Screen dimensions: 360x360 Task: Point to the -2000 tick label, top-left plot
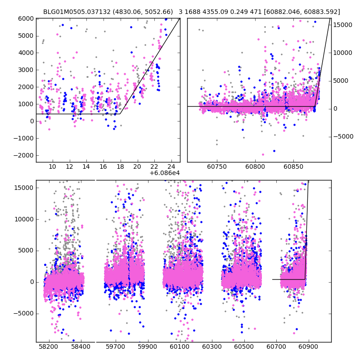(x=24, y=155)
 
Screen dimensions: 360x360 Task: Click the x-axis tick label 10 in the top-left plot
(x=52, y=166)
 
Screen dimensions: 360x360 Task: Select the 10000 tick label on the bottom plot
(x=24, y=219)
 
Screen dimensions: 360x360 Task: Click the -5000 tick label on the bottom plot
(x=24, y=314)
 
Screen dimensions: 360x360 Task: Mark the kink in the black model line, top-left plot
(x=120, y=114)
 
